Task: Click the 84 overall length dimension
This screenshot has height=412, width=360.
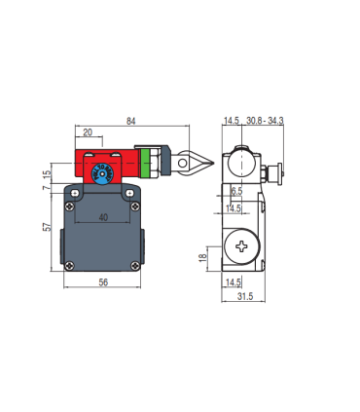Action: coord(129,121)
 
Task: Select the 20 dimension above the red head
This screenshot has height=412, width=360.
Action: coord(89,131)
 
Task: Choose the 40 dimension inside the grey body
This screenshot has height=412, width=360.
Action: coord(104,218)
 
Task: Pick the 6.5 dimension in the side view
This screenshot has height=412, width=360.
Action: coord(236,191)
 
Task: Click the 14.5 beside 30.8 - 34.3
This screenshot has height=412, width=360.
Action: coord(232,121)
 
